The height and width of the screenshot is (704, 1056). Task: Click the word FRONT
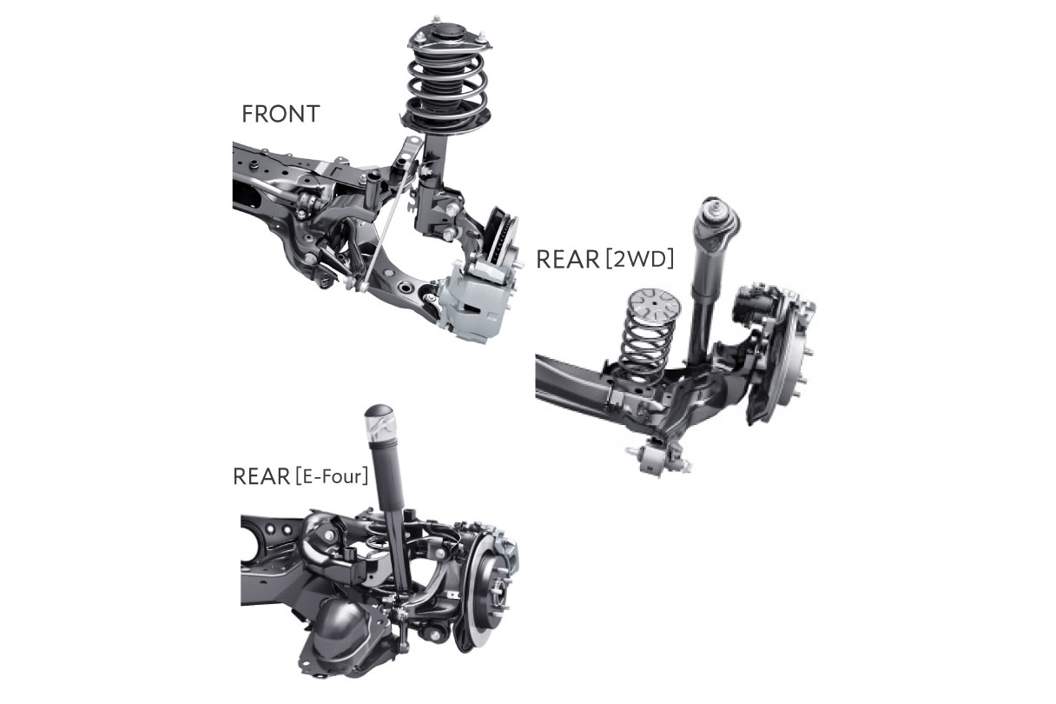pyautogui.click(x=281, y=114)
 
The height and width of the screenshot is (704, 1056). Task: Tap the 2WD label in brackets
pyautogui.click(x=638, y=259)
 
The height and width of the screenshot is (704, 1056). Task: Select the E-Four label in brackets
pyautogui.click(x=332, y=476)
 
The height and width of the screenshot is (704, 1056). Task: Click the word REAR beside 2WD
pyautogui.click(x=568, y=260)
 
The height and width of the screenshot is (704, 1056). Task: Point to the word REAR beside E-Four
pyautogui.click(x=261, y=476)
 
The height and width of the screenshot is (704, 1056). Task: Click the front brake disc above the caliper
pyautogui.click(x=501, y=236)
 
